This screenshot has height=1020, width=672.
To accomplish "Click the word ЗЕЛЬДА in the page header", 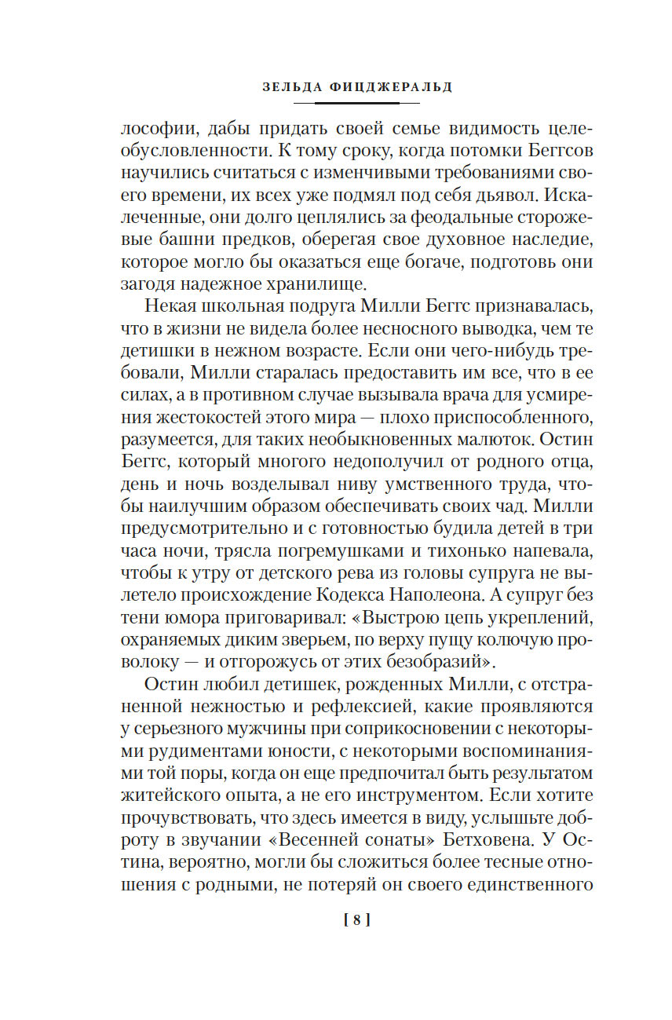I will [290, 87].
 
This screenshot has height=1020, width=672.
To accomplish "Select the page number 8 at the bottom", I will [356, 921].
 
